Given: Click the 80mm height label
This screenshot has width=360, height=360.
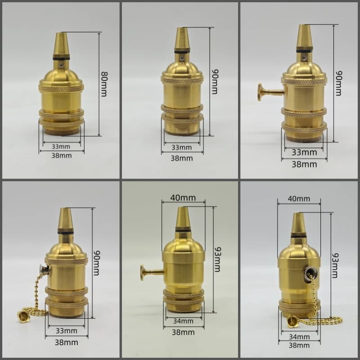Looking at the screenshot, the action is tap(104, 84).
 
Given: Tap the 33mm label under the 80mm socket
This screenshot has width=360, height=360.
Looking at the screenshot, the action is tap(61, 147).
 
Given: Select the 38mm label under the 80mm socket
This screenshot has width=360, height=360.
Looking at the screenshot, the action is tap(62, 156).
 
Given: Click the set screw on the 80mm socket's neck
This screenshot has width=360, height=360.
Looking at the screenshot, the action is tap(61, 66).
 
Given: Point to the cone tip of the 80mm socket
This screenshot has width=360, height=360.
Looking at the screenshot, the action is tap(61, 33).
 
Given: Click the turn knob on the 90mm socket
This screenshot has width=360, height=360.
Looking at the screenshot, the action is tap(261, 92).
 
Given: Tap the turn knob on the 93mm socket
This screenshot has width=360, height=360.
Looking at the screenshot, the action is tap(142, 273).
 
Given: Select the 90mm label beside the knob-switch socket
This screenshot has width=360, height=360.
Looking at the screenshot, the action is tap(339, 83).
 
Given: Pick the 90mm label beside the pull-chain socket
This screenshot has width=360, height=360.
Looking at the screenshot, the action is tap(97, 263).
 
